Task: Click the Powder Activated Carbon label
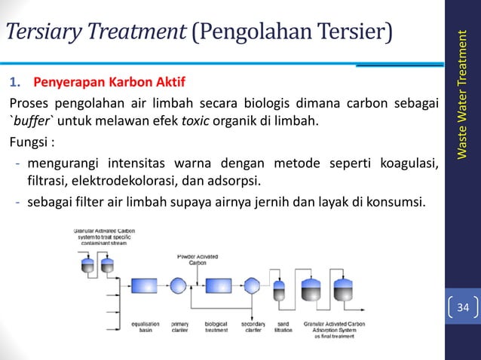point(198,259)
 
